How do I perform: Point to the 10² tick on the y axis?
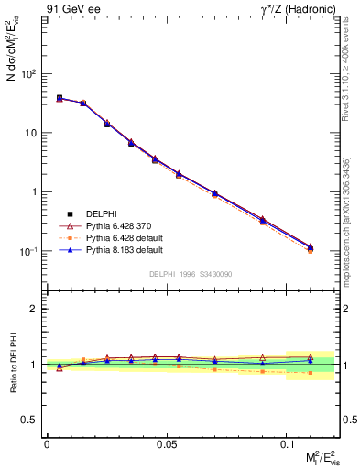[30, 74]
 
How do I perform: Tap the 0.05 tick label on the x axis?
[167, 442]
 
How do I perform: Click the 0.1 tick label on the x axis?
[287, 442]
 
